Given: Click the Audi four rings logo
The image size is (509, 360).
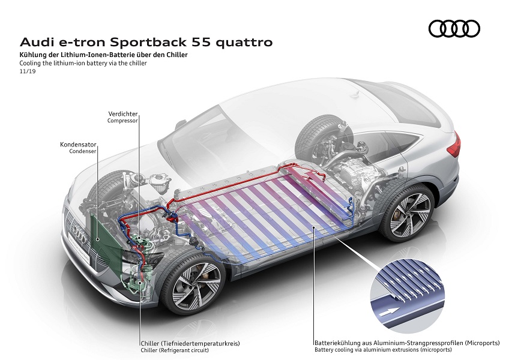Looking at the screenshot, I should (454, 28).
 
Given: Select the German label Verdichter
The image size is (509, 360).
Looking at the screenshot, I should (123, 113).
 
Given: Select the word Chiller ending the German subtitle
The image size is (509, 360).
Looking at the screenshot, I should (178, 55).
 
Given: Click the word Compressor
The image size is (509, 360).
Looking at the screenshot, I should (122, 121).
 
